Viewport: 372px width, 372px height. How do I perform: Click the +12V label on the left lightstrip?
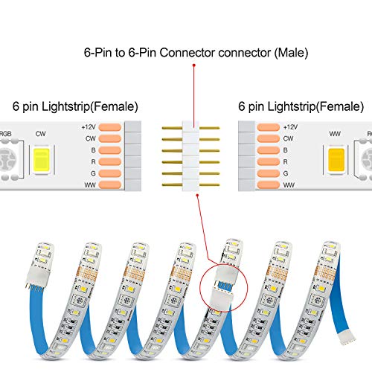coord(89,126)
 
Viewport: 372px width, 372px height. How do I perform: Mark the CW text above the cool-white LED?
coord(42,136)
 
